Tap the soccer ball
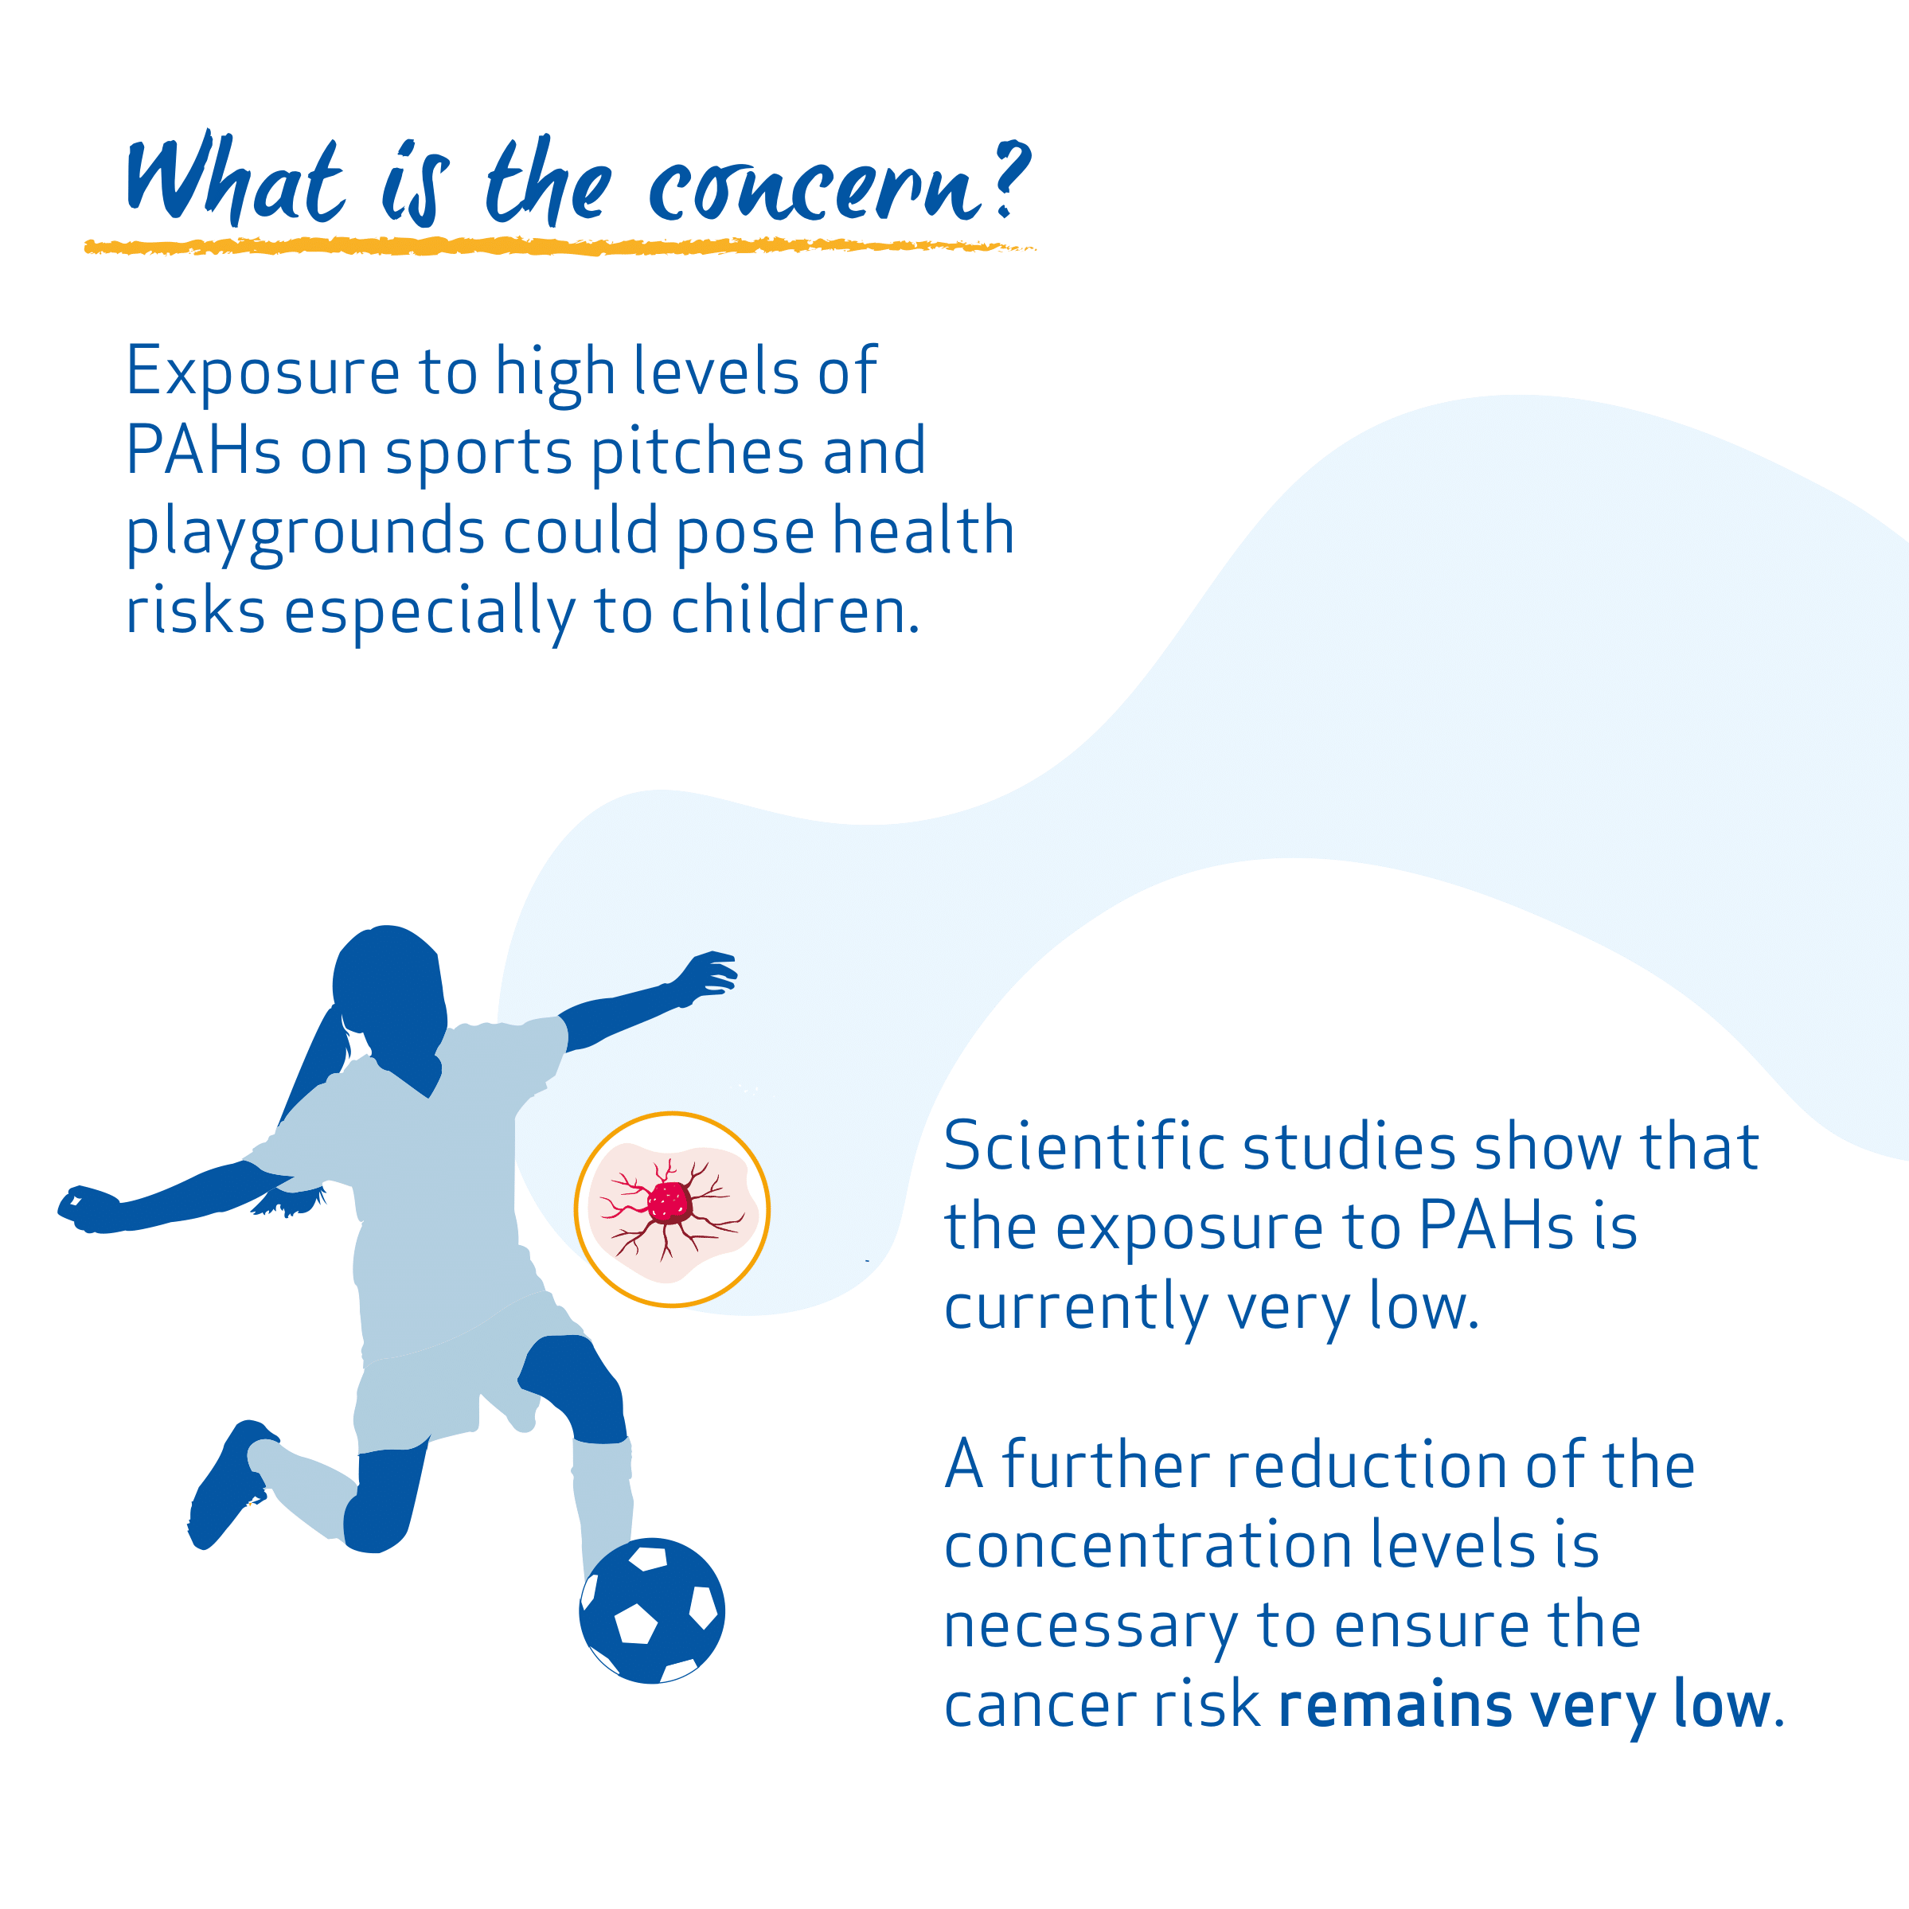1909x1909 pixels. pos(652,1610)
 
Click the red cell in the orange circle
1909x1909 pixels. pos(671,1204)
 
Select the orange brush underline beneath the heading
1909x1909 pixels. pos(560,246)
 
